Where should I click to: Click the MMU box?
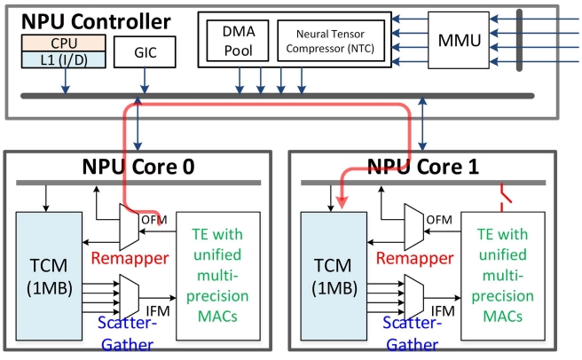point(459,40)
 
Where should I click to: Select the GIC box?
point(145,52)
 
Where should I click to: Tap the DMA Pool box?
point(238,41)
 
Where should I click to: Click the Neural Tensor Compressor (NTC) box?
point(331,41)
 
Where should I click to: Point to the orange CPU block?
point(64,43)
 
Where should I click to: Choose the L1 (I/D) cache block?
point(64,59)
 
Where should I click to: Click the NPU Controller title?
point(96,21)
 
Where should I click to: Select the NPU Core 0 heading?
point(138,167)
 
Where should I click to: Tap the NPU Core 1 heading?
point(423,167)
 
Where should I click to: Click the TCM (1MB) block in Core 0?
point(49,276)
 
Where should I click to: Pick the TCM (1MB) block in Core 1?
point(334,276)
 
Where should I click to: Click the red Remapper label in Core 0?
point(130,258)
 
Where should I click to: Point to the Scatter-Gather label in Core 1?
point(413,333)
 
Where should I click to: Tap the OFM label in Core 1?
point(439,220)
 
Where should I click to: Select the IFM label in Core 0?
point(158,311)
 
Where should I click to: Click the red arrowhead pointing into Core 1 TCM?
point(342,202)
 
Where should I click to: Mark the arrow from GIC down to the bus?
point(145,81)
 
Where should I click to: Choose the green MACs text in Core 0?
point(217,317)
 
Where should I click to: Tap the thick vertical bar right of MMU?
point(519,40)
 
